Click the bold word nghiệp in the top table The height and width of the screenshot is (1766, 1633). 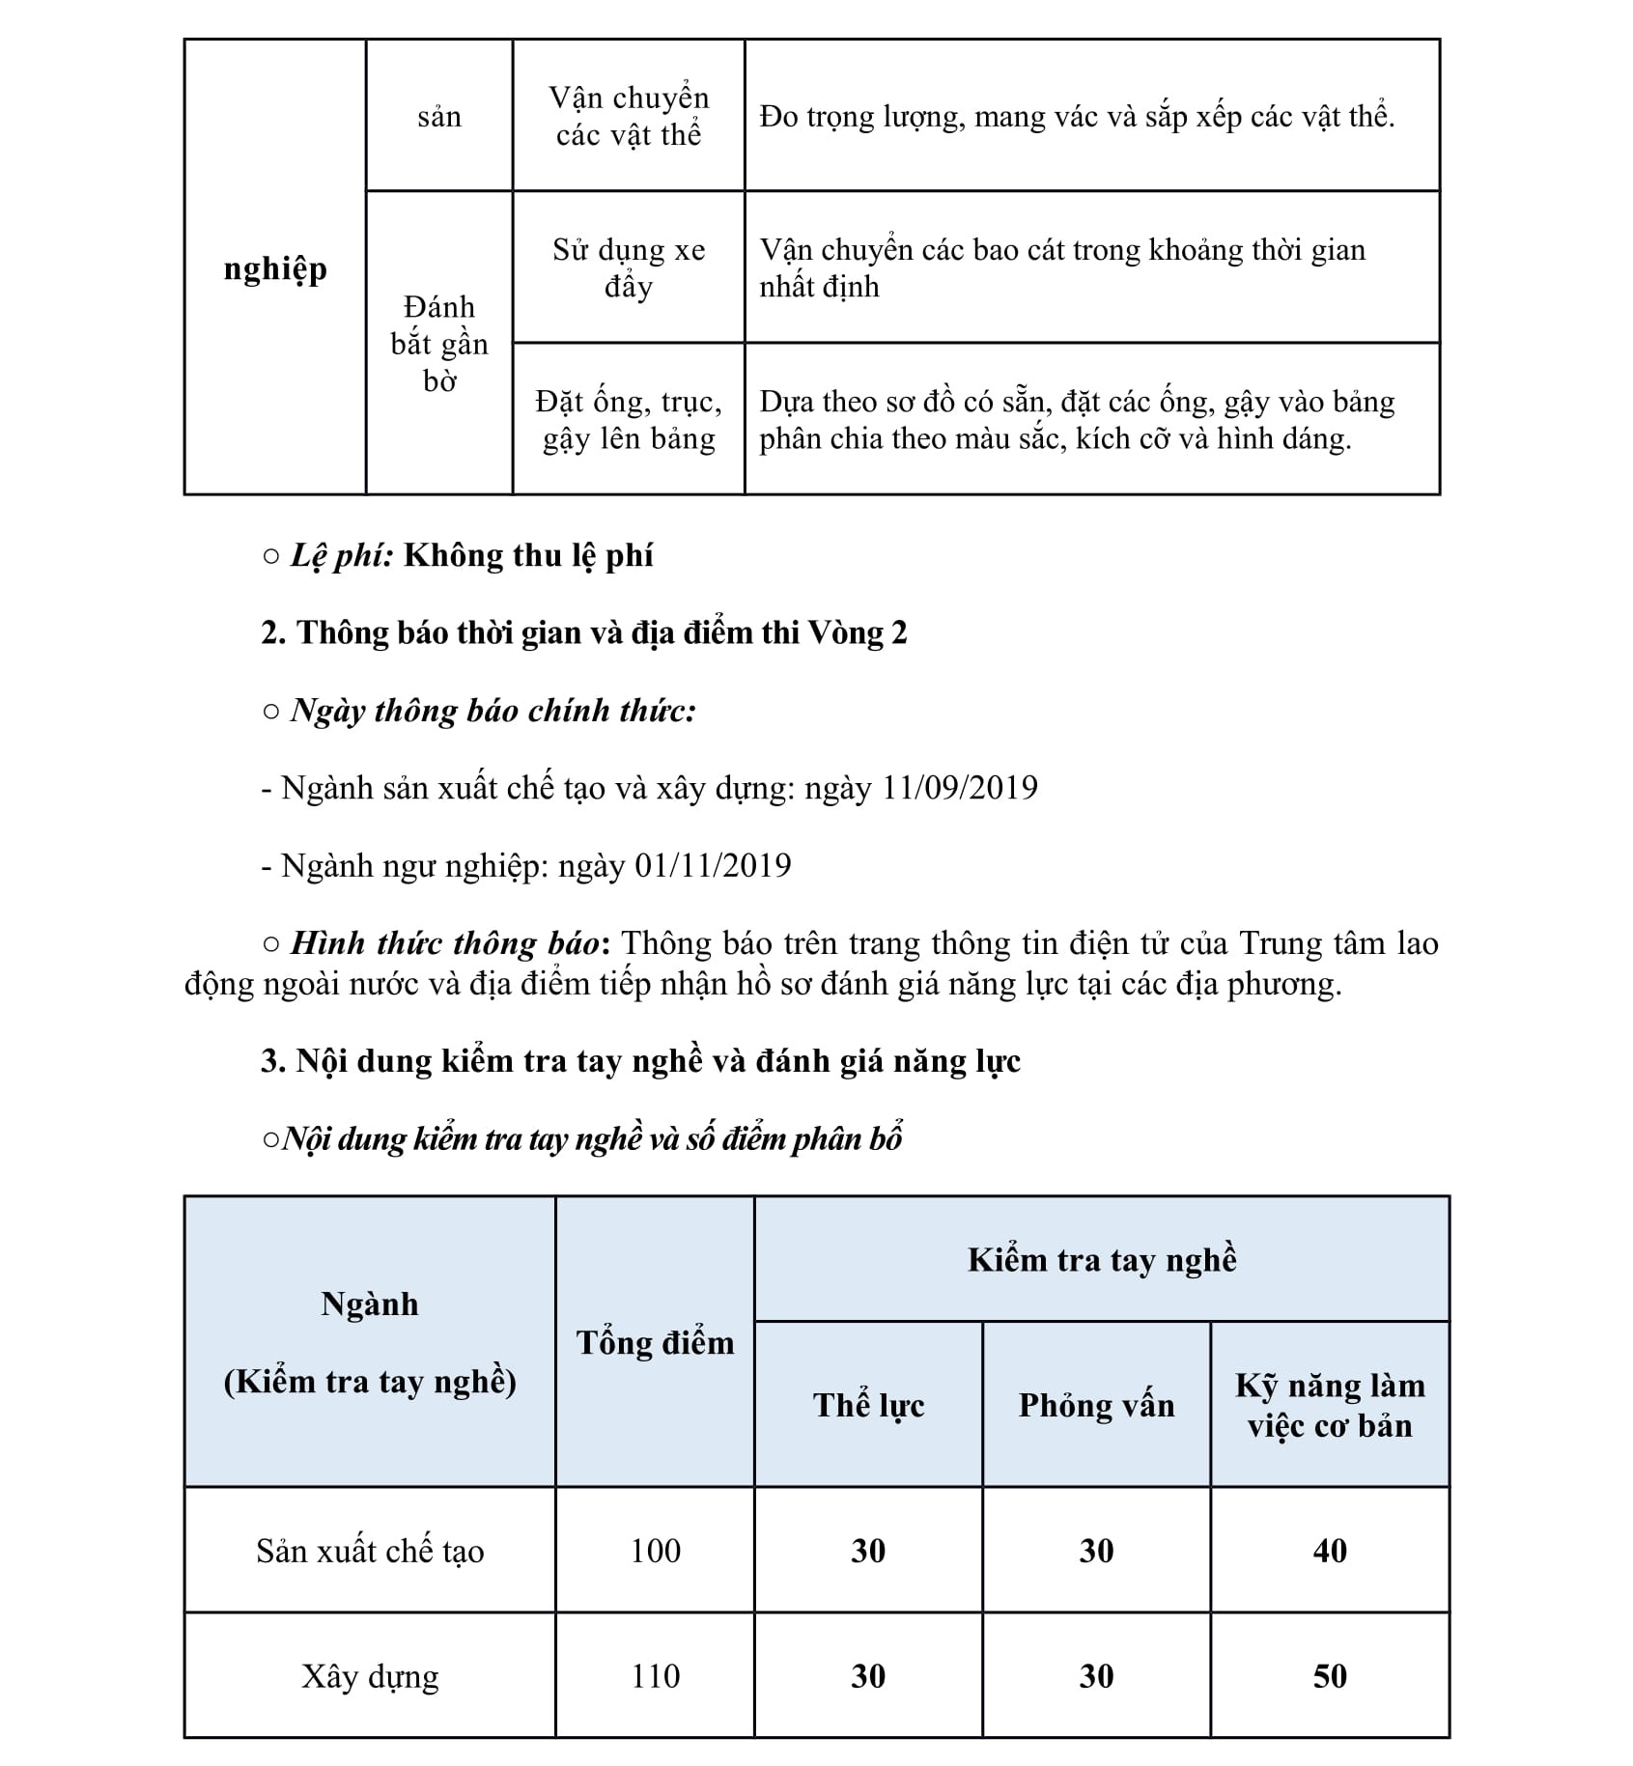point(275,268)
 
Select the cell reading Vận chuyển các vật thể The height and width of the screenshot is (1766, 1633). point(629,116)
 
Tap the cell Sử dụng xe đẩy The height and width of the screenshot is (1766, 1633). point(629,267)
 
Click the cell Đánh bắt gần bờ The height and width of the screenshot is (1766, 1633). point(439,344)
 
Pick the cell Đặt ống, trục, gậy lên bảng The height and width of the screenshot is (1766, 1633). point(629,419)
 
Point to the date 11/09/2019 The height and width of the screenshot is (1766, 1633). point(959,788)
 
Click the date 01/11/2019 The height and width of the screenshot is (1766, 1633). point(713,865)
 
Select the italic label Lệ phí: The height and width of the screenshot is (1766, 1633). point(342,556)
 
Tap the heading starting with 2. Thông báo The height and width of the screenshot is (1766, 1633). point(584,633)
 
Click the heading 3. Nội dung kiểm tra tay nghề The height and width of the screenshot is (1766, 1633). point(640,1061)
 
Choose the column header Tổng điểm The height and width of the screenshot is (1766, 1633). point(655,1343)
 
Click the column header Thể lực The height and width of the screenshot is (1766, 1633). point(868,1405)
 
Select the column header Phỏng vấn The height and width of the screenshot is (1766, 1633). point(1096,1405)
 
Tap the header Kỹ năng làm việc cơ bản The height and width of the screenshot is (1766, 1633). point(1330,1405)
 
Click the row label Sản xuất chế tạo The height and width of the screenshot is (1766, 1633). point(370,1552)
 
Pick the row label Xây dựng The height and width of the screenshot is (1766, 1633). point(370,1676)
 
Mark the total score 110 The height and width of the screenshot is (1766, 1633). point(655,1676)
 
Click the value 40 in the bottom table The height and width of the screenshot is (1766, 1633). point(1330,1552)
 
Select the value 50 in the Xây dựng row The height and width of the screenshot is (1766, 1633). point(1330,1676)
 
